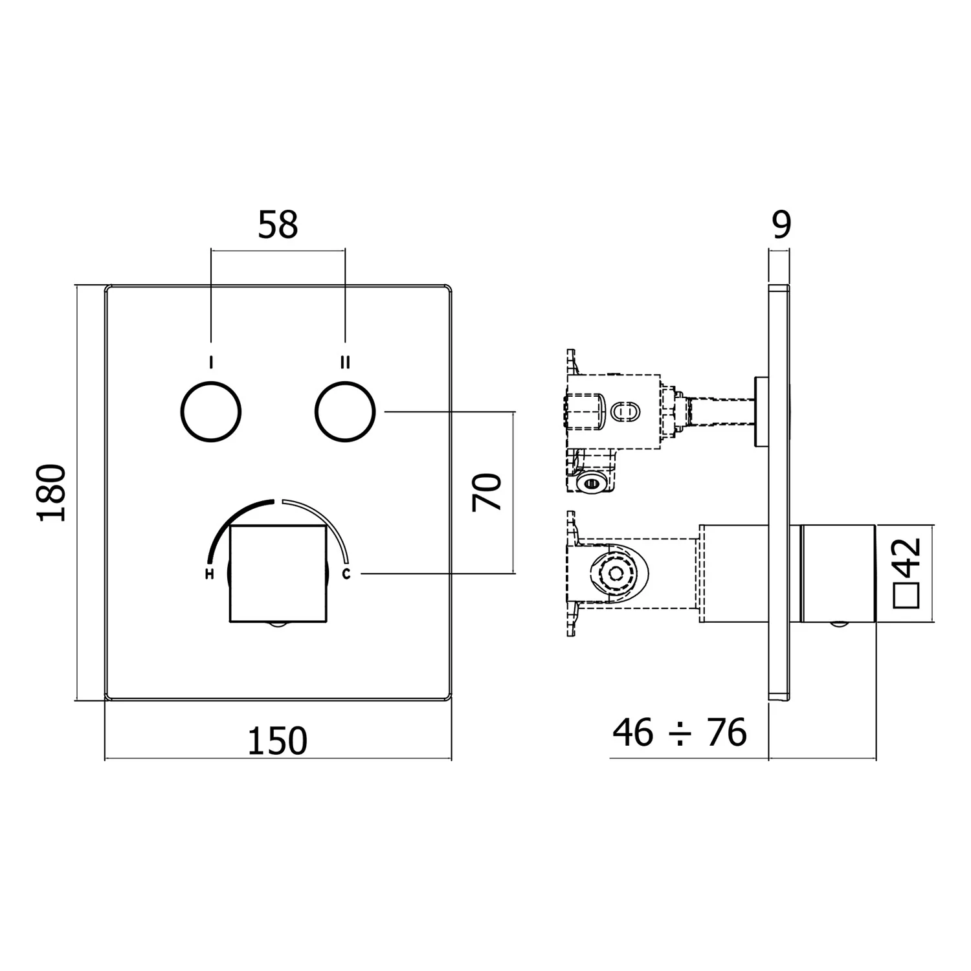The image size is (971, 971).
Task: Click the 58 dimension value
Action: point(278,225)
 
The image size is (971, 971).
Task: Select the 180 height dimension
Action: point(52,492)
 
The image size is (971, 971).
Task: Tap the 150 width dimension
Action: point(278,741)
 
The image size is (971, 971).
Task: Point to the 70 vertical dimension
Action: point(487,492)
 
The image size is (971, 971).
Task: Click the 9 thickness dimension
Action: point(782,225)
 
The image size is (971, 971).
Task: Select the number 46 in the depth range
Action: point(633,732)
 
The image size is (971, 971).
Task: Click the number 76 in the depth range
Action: point(726,732)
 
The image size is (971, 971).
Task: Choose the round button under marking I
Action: point(210,412)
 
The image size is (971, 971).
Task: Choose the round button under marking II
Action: point(346,412)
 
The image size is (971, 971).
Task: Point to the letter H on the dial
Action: point(209,574)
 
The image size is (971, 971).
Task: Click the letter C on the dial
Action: point(346,574)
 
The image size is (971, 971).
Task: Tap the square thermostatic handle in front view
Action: point(277,573)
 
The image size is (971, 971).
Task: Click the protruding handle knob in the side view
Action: point(838,573)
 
